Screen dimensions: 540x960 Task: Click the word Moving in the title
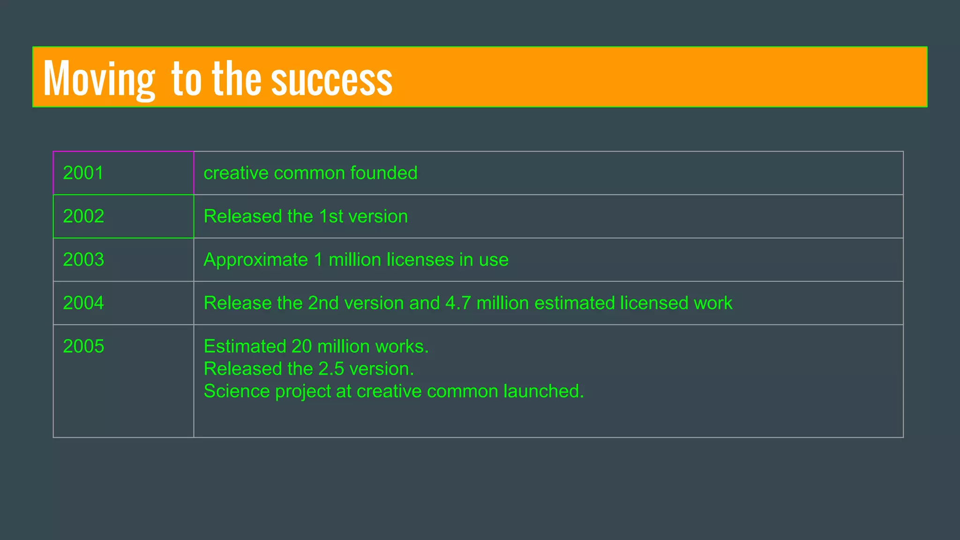[99, 79]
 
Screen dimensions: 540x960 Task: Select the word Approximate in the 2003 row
[255, 260]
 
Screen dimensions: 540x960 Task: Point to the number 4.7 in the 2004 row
[458, 303]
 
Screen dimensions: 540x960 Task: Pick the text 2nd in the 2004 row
[323, 303]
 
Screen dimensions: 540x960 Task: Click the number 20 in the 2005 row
[301, 346]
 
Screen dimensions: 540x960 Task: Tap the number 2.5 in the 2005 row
[331, 369]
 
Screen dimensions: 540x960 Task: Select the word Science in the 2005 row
[236, 391]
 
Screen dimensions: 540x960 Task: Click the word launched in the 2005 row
[543, 391]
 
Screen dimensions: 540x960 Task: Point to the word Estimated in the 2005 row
[245, 346]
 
